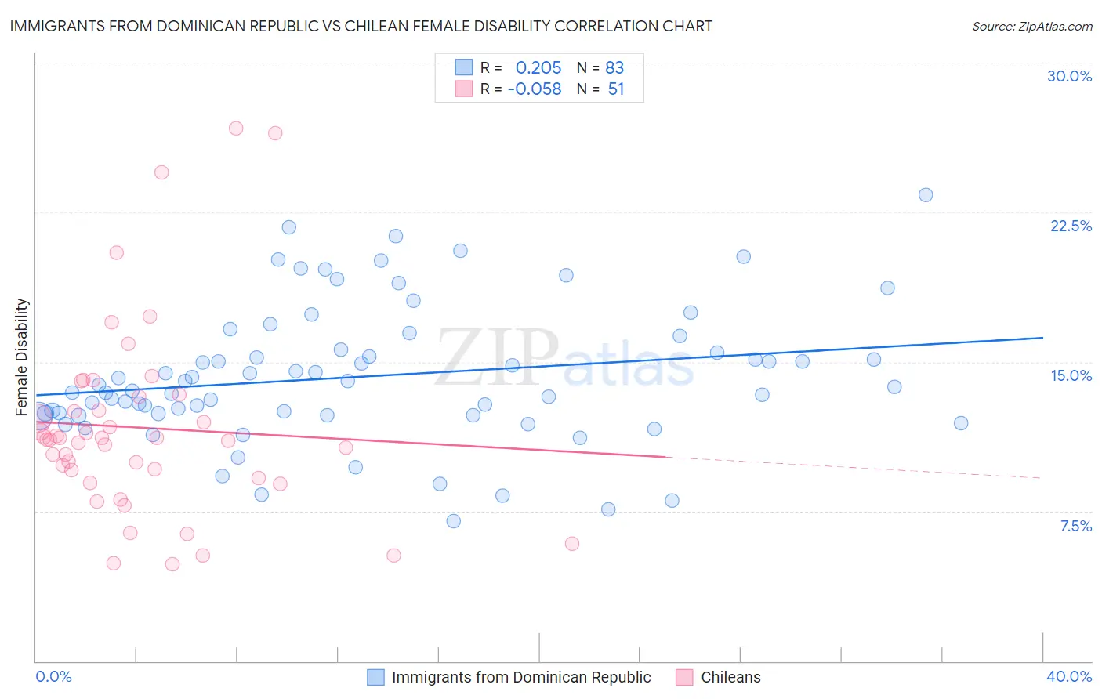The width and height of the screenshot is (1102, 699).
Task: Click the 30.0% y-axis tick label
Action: pos(1069,76)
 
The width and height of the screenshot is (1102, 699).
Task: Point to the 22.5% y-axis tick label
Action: pos(1071,226)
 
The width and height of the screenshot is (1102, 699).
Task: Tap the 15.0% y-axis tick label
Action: pos(1071,375)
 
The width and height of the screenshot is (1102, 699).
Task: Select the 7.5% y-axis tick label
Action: pos(1075,526)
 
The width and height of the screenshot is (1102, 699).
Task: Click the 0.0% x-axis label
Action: pos(53,676)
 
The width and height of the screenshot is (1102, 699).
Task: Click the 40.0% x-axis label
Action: pos(1068,676)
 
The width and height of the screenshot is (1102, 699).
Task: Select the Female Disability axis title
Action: pos(22,357)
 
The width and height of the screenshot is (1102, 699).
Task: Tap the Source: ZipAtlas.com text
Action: pos(1031,26)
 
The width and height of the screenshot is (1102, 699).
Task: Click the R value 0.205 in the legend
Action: pos(538,67)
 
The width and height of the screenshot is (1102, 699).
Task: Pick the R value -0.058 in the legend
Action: pos(535,89)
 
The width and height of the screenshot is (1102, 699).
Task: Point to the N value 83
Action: pos(614,67)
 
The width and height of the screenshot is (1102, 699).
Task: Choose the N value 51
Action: pos(616,89)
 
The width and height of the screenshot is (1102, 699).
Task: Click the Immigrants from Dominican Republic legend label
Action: pos(521,677)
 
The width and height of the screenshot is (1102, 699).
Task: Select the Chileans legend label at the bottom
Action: pos(730,677)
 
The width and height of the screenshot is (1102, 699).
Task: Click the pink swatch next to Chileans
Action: pos(684,677)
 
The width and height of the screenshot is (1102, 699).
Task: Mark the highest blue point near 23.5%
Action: pos(926,195)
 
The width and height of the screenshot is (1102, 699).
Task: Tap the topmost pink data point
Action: pos(236,129)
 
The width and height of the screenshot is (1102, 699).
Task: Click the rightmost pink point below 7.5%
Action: pos(572,544)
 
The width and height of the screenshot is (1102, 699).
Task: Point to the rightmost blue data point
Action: pos(961,423)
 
